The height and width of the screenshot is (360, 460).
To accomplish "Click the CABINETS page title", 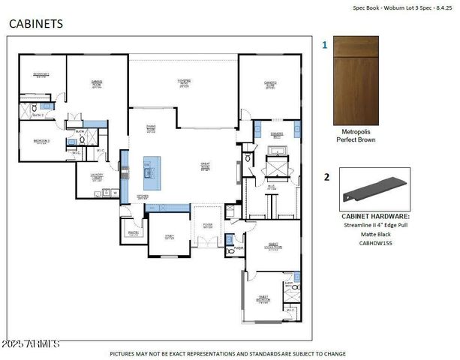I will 35,23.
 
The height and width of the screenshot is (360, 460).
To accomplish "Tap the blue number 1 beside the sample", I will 325,45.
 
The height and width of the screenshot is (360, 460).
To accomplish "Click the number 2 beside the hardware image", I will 326,177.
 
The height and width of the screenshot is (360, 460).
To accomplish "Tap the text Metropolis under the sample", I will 354,130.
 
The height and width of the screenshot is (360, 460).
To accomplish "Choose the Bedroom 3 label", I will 41,140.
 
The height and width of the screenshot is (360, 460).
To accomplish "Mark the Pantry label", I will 133,232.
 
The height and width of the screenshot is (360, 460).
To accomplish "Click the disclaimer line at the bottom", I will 227,353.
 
